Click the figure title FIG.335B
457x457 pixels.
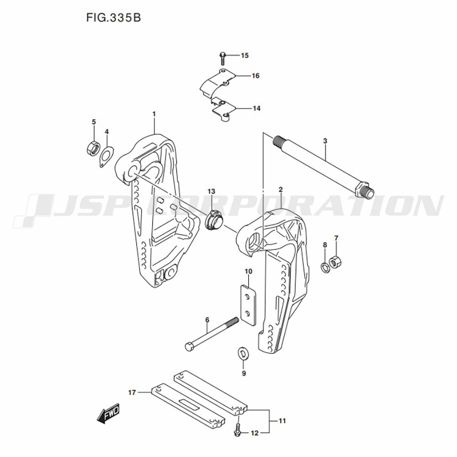[113, 18]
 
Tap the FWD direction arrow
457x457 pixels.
[108, 413]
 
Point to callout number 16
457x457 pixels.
[255, 76]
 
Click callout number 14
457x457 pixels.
[256, 108]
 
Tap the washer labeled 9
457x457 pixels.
[242, 354]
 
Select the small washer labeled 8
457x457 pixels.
[325, 267]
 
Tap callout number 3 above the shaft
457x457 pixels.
[325, 141]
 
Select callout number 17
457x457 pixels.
[132, 393]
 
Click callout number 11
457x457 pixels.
[282, 421]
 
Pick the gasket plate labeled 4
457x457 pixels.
[106, 156]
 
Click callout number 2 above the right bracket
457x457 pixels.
[281, 190]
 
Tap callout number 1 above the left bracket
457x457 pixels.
[154, 114]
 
